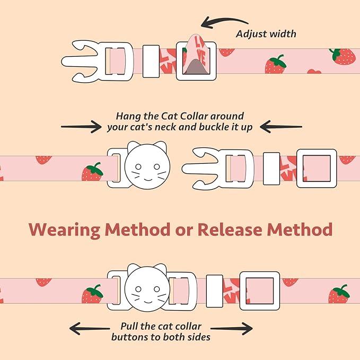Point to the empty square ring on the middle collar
click(x=317, y=168)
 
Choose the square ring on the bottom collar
click(x=259, y=291)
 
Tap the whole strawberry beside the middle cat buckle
click(x=92, y=173)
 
